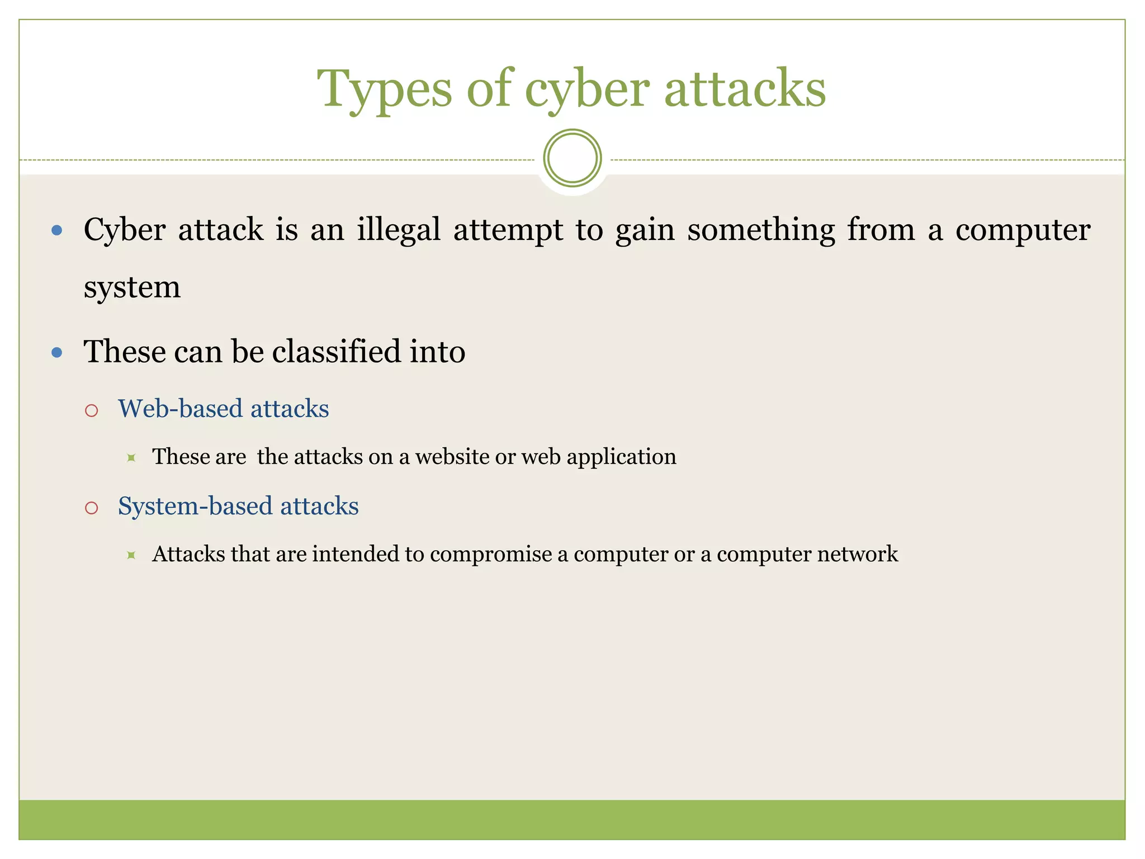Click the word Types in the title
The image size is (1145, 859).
coord(385,89)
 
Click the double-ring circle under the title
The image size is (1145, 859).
coord(572,158)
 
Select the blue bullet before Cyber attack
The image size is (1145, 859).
coord(56,230)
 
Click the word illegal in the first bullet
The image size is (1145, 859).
coord(399,230)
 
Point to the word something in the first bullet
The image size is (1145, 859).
coord(761,230)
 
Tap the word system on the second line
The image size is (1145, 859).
coord(132,287)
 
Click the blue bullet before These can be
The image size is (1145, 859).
coord(56,352)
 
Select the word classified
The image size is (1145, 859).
coord(337,352)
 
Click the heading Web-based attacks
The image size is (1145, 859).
coord(223,409)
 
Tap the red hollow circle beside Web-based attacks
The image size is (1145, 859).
coord(92,411)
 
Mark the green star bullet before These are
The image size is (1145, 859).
coord(131,458)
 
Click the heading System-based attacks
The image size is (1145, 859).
coord(238,506)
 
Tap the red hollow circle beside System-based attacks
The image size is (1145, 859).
coord(92,508)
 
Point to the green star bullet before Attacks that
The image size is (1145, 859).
coord(131,555)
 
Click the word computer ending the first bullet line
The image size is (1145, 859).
coord(1023,230)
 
